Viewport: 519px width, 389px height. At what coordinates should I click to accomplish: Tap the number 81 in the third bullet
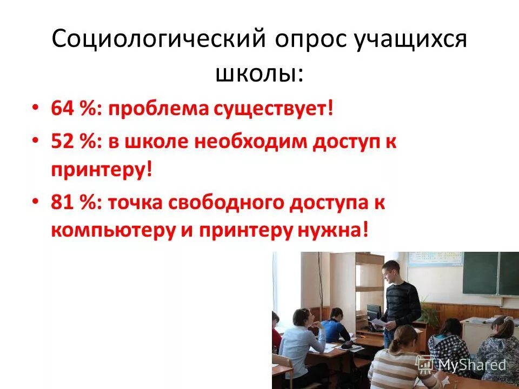coord(61,204)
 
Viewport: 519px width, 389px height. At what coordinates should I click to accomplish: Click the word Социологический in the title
coord(157,41)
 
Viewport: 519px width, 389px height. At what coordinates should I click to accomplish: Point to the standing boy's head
coord(390,270)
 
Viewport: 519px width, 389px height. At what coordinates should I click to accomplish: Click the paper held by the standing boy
coord(380,323)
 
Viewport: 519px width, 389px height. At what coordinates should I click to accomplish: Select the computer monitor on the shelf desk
coord(374,313)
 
